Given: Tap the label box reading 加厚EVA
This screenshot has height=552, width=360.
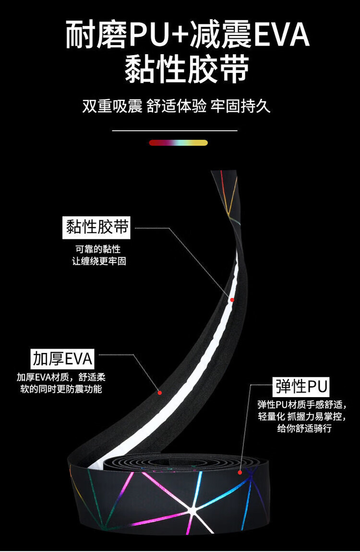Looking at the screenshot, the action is coord(62,358).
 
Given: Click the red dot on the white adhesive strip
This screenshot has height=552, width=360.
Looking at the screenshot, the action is coord(232,300).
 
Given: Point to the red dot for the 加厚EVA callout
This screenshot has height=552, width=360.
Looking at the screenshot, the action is coord(160,392).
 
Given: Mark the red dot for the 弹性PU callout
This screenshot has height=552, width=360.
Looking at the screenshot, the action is coord(240,472).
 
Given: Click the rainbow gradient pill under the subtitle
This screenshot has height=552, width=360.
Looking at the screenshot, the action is coord(178,142).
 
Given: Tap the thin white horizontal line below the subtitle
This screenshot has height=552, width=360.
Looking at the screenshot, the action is coord(175,130).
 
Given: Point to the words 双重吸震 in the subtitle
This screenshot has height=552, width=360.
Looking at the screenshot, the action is coord(112,106).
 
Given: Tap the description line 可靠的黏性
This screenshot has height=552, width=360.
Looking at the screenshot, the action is coord(98,249).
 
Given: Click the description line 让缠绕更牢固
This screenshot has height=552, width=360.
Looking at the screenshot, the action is coord(98,261).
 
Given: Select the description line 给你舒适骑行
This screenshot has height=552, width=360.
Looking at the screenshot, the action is coord(304,428).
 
